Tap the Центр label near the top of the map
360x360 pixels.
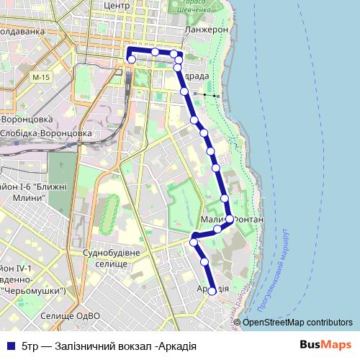tap(116, 5)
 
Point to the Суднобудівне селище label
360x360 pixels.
tap(107, 259)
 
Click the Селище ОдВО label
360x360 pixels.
tap(68, 315)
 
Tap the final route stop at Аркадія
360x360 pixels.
tap(212, 292)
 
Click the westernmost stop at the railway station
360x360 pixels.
tap(130, 61)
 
